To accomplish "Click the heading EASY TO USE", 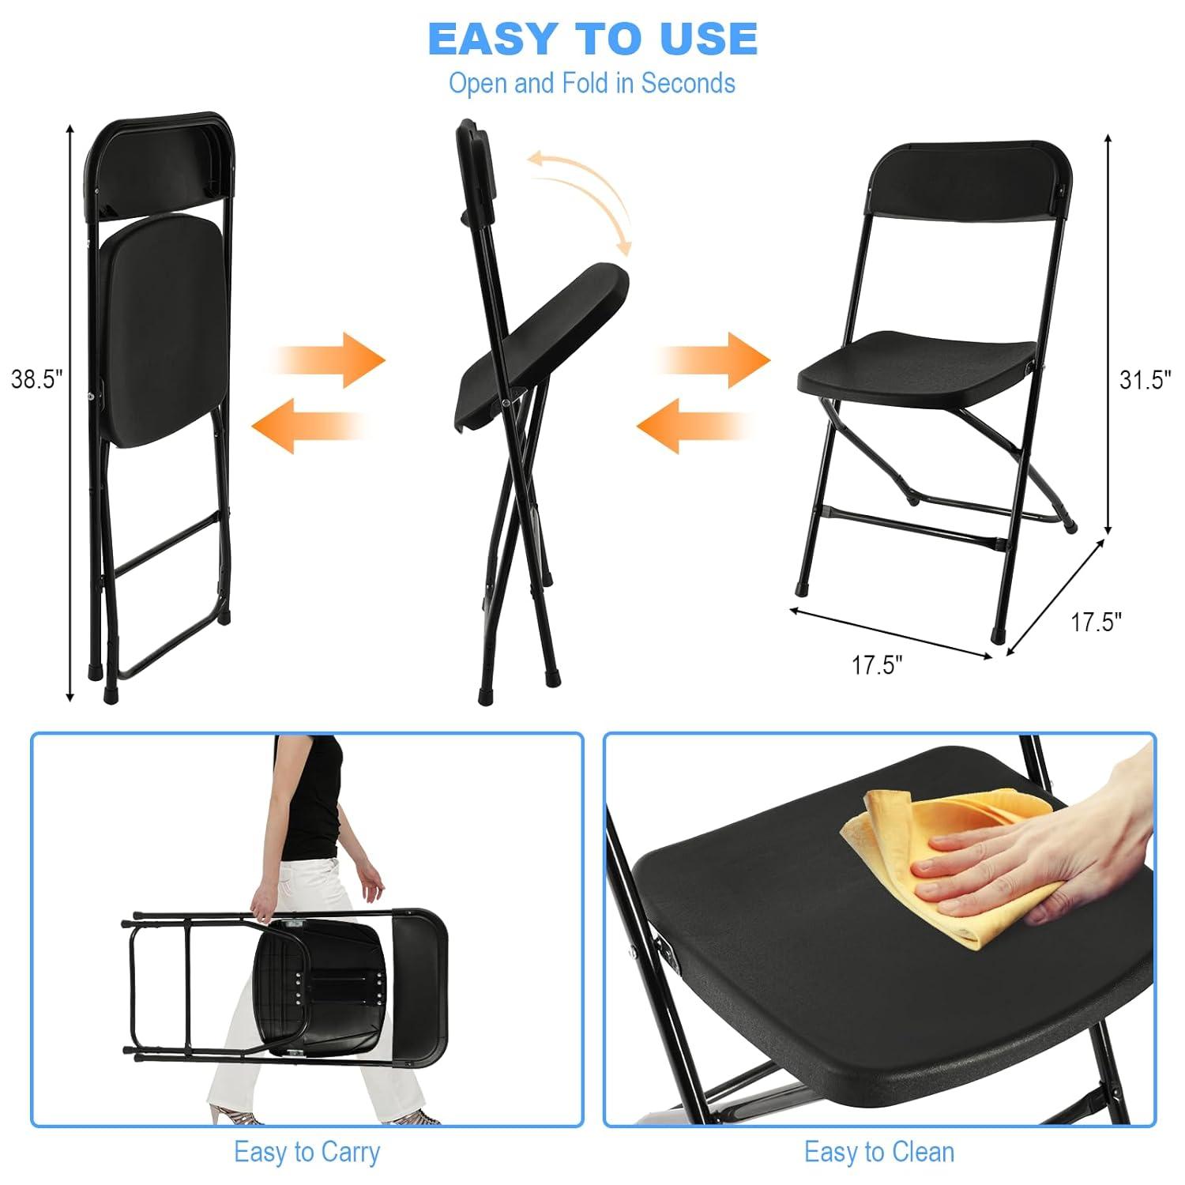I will point(592,39).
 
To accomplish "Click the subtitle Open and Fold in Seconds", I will point(592,83).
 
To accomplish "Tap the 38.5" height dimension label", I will point(36,379).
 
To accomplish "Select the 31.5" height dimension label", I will point(1145,380).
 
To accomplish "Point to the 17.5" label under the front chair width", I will point(876,665).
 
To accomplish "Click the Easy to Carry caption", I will point(307,1152).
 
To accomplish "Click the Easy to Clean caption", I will point(878,1152).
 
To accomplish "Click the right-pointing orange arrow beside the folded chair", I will point(332,360).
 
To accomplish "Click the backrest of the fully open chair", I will point(970,180).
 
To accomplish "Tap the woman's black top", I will point(312,798).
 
